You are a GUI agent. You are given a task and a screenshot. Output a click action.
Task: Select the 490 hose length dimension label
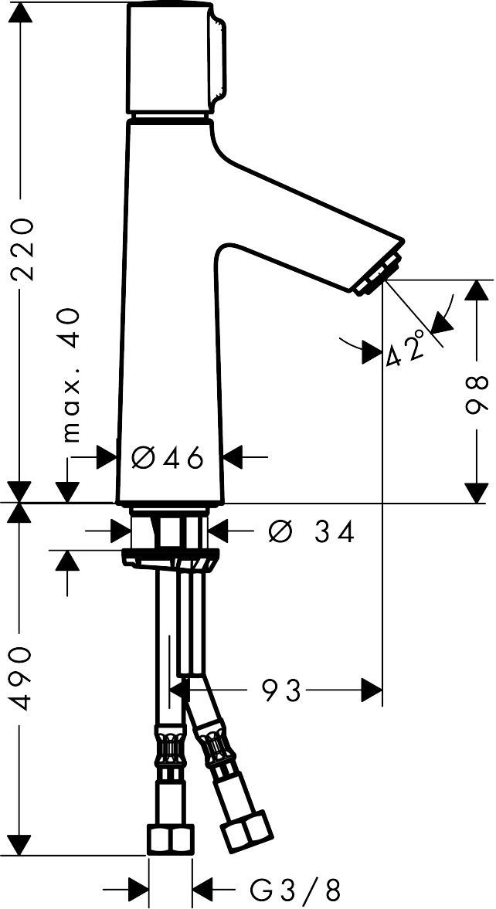[22, 677]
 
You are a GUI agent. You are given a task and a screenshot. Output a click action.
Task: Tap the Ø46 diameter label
[168, 458]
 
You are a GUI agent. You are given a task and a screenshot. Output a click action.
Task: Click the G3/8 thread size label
[294, 887]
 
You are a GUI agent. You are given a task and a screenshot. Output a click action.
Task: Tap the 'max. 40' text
[70, 375]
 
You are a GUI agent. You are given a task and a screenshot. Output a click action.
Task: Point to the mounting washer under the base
[171, 558]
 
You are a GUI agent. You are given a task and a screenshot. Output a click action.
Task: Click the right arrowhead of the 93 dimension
[372, 690]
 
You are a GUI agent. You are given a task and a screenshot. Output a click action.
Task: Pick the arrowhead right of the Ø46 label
[234, 457]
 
